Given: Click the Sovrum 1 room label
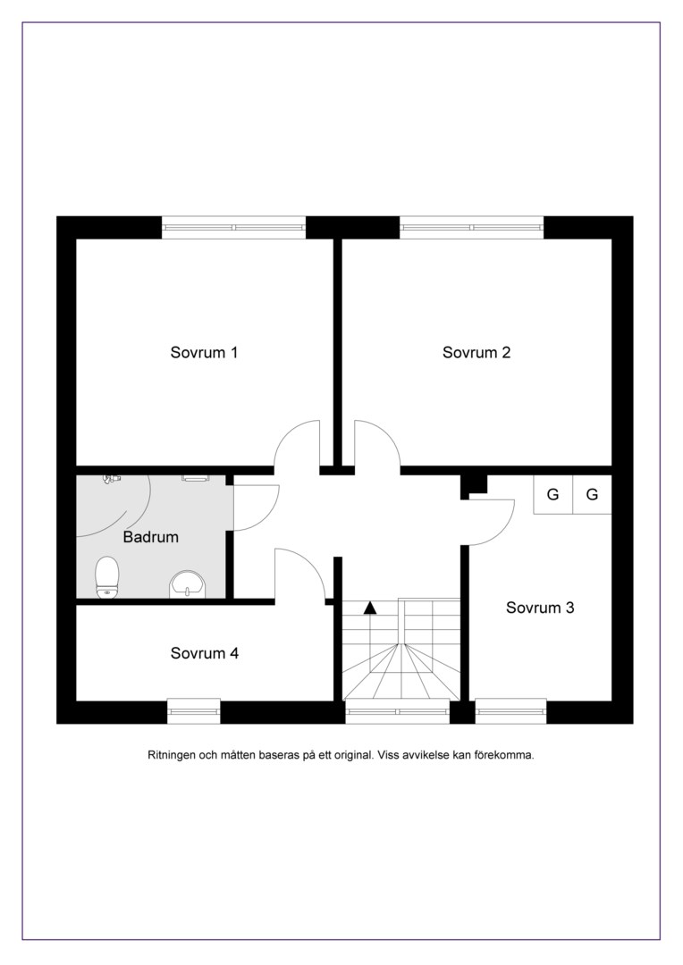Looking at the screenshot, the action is [x=204, y=353].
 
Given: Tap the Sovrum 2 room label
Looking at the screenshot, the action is [x=476, y=353].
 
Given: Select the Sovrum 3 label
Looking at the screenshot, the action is [x=540, y=608].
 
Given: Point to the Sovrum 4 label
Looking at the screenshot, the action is [x=205, y=653].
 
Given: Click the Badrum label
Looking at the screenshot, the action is [x=151, y=537].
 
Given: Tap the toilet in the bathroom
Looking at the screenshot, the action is [x=107, y=577].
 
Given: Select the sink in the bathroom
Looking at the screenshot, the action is [x=188, y=584].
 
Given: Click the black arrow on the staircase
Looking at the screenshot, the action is [x=370, y=608].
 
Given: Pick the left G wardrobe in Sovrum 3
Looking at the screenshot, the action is [x=553, y=494].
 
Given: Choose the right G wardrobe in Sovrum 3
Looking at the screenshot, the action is [x=592, y=494].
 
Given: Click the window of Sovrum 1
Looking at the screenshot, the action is [x=234, y=227].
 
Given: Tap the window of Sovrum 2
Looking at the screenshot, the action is [x=472, y=227].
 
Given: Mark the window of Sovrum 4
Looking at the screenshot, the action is [x=194, y=711].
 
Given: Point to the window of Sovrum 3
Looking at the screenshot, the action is [x=510, y=711].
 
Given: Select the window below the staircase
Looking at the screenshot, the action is [x=397, y=711].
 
